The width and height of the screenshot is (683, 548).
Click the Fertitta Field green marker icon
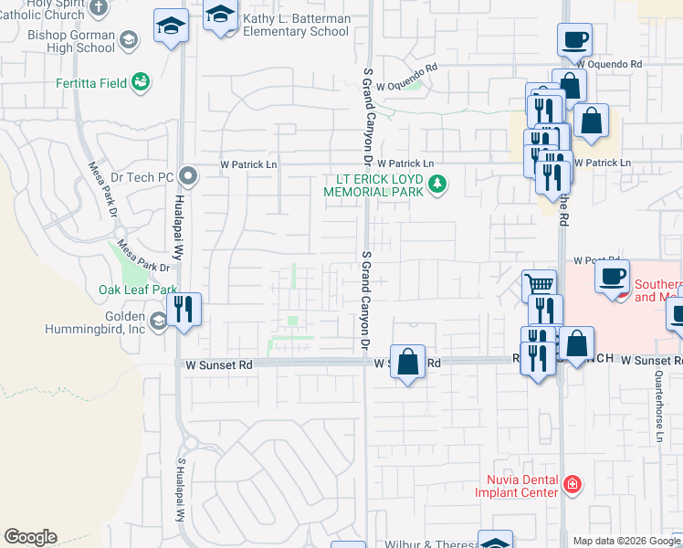[x=140, y=83]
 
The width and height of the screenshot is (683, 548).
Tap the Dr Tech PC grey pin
[x=189, y=174]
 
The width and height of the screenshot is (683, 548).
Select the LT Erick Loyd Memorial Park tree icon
[x=438, y=184]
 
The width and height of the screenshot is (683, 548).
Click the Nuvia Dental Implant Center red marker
[x=572, y=484]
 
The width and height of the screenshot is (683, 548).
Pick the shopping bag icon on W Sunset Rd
[x=407, y=360]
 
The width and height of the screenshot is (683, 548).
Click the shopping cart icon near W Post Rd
[x=539, y=285]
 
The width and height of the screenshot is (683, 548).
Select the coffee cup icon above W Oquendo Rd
[x=574, y=39]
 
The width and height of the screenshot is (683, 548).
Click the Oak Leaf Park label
[x=138, y=290]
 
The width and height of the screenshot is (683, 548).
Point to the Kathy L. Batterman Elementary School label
[x=297, y=25]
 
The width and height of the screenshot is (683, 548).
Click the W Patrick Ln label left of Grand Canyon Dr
[x=249, y=164]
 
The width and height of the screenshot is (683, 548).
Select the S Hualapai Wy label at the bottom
[x=181, y=490]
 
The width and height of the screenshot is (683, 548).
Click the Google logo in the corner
[x=30, y=537]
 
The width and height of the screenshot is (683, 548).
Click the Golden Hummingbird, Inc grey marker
[x=159, y=321]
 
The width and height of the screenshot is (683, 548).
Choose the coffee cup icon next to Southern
[x=611, y=275]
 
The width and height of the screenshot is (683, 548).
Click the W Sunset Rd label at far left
[x=219, y=364]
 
